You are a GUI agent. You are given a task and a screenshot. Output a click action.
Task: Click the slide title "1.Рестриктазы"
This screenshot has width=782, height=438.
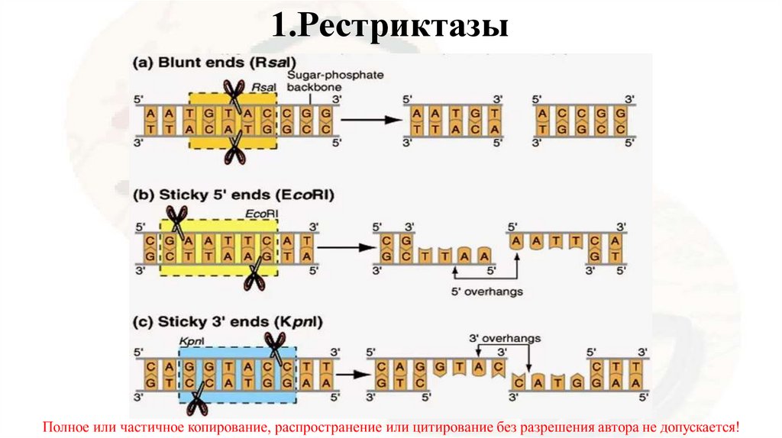pyautogui.click(x=389, y=27)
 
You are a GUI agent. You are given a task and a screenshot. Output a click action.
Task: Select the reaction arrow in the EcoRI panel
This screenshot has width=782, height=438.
pyautogui.click(x=341, y=247)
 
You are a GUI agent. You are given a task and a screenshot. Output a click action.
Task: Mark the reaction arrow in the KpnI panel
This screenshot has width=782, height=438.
pyautogui.click(x=347, y=375)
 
